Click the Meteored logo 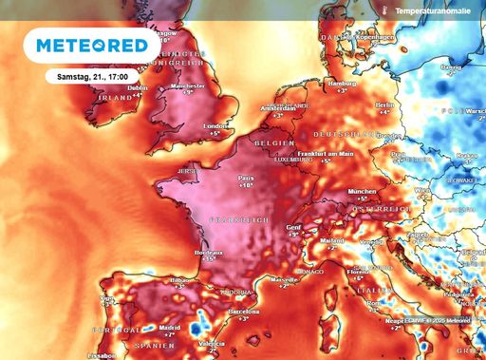click(x=92, y=45)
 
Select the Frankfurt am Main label click(x=326, y=154)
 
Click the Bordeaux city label click(x=208, y=253)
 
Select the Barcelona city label click(x=244, y=311)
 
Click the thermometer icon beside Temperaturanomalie click(x=381, y=9)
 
